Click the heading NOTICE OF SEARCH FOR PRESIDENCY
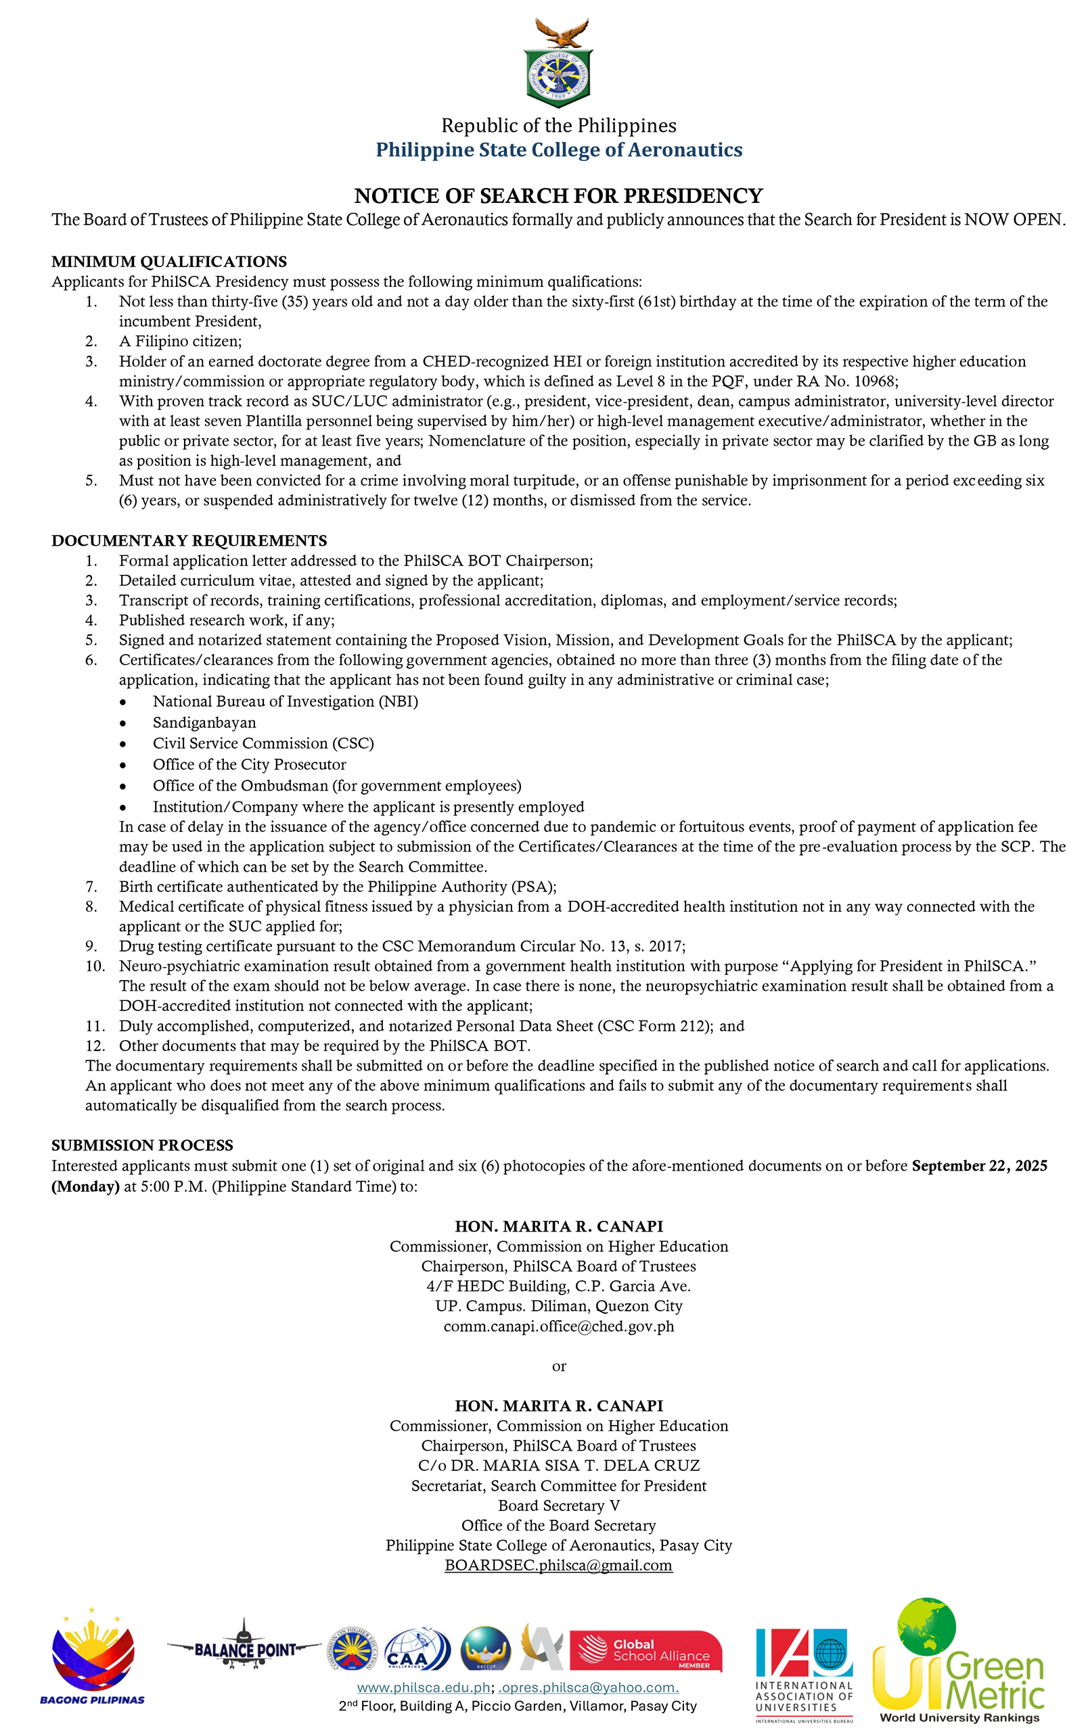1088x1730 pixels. tap(558, 195)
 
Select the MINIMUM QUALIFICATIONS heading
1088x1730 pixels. tap(169, 262)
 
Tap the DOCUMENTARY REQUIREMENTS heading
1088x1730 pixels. tap(189, 540)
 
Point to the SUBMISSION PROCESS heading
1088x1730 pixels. tap(142, 1144)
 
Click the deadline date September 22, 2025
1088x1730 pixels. tap(979, 1165)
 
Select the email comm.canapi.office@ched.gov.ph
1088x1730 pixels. tap(558, 1326)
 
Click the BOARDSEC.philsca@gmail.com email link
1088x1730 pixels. tap(558, 1564)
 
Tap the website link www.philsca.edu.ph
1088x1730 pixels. tap(424, 1687)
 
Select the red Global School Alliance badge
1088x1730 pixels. tap(645, 1650)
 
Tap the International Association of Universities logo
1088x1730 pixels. tap(803, 1673)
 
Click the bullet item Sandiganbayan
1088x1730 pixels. tap(204, 722)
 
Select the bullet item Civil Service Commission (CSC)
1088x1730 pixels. tap(263, 743)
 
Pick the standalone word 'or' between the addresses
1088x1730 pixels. tap(558, 1365)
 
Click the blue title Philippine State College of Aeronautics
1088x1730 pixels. tap(558, 149)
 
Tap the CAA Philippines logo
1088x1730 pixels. tap(417, 1649)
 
